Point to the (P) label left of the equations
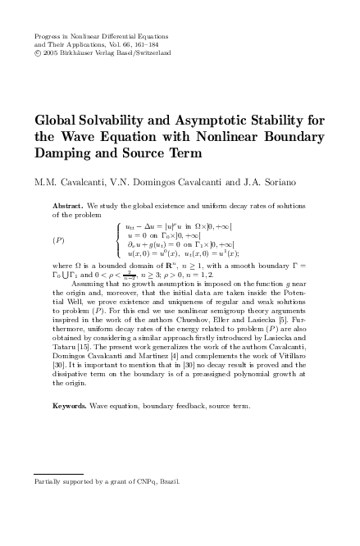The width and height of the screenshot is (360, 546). [x=59, y=239]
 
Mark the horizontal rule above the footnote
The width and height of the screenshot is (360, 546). [x=74, y=475]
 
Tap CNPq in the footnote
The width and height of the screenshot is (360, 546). [x=145, y=481]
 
